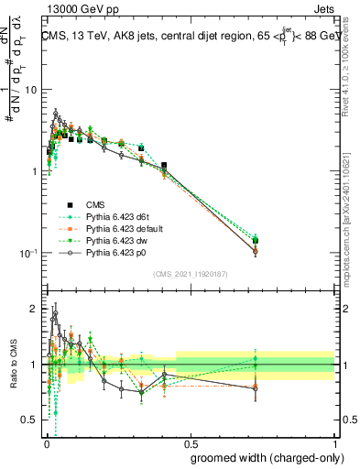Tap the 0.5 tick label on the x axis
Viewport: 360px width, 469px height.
point(190,444)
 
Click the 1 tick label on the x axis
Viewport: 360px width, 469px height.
point(334,444)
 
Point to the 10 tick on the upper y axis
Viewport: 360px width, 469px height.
point(31,90)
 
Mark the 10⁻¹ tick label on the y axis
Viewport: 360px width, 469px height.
point(27,253)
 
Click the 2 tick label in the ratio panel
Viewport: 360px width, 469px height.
point(35,309)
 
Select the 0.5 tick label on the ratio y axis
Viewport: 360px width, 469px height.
point(30,420)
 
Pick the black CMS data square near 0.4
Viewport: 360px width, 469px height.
point(164,166)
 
